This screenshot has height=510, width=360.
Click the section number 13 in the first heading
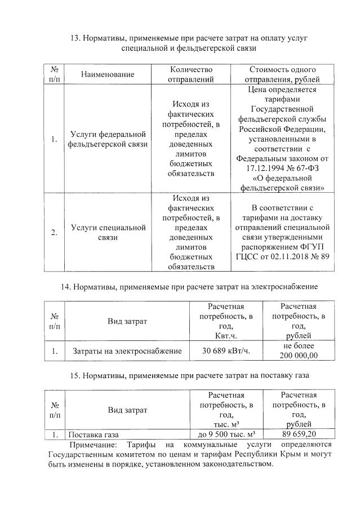(75, 38)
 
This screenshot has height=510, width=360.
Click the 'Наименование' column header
(108, 74)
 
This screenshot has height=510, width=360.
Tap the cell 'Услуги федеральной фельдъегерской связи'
(108, 139)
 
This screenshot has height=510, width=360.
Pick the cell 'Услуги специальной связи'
(108, 232)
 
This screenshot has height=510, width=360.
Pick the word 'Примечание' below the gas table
(91, 445)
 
